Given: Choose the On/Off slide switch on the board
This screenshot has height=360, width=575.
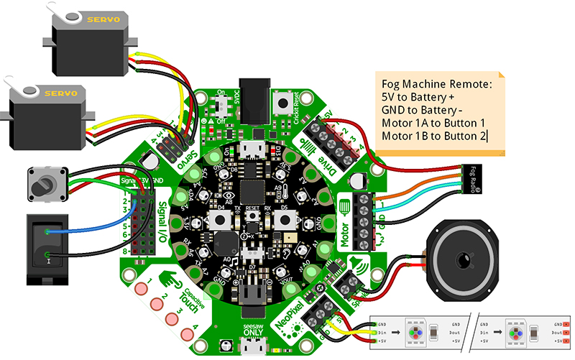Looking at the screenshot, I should (x=224, y=109).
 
